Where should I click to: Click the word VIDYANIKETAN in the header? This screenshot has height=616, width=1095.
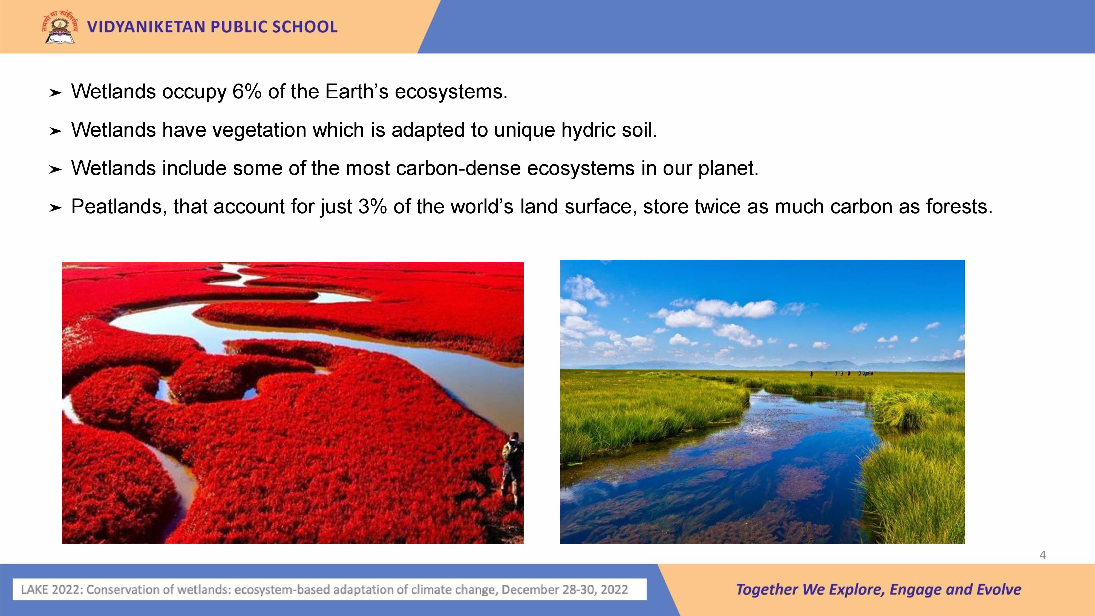[146, 27]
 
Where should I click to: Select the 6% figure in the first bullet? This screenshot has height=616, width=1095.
[247, 91]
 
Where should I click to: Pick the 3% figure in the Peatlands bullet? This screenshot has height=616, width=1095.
[372, 207]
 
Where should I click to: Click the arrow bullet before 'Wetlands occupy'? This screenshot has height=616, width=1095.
[55, 93]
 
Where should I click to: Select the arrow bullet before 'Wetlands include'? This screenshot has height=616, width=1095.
[55, 170]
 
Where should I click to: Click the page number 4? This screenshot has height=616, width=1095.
[1042, 555]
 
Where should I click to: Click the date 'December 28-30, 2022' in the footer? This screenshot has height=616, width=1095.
[564, 590]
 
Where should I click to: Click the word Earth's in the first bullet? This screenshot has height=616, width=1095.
[357, 91]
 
